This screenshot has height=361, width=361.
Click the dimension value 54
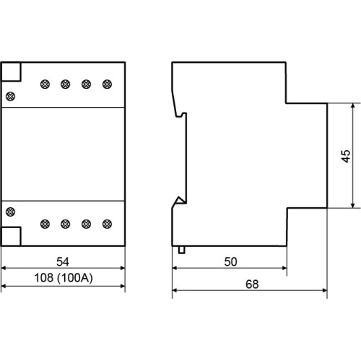pos(63,261)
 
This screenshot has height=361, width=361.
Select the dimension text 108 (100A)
pos(64,278)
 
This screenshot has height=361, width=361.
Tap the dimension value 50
pos(230,261)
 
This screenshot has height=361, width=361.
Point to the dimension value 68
pos(252,284)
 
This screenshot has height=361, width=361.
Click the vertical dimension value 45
pos(346,156)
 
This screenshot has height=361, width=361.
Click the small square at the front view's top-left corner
pos(11,71)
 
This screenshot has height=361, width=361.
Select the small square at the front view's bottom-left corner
pos(11,236)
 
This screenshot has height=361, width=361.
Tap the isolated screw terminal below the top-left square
pos(10,96)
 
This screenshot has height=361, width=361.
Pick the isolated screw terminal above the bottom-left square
pos(10,212)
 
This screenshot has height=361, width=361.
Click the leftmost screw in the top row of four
pos(45,84)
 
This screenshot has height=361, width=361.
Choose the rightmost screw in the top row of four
pos(107,84)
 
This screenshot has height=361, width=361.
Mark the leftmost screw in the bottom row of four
pos(45,224)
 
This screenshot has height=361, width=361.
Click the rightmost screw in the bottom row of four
pos(107,224)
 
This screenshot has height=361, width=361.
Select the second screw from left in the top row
pos(66,84)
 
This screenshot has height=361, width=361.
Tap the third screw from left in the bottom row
pos(86,224)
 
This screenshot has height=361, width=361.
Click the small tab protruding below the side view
pos(182,250)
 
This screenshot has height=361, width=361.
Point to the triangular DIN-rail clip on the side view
pos(180,201)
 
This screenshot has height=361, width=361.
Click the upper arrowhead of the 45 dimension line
pos(353,106)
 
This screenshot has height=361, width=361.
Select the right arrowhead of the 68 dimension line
pos(324,290)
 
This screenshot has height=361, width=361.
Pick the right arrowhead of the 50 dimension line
pos(284,268)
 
